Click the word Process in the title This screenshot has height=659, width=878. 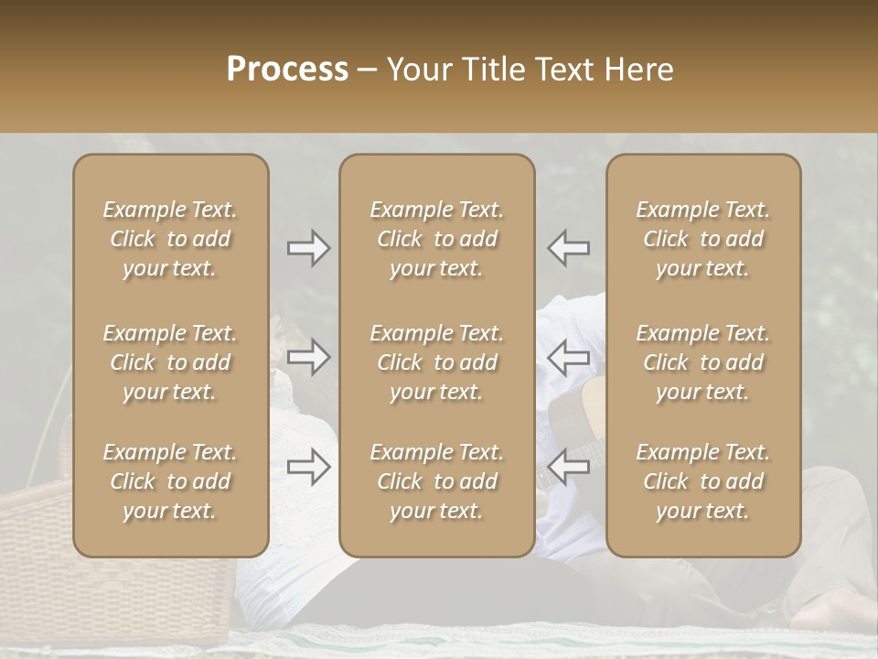tap(287, 70)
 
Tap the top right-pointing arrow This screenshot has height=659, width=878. tap(308, 248)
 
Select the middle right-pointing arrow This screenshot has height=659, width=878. tap(308, 357)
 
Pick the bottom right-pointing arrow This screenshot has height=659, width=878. tap(308, 467)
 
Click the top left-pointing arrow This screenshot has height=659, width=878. tap(569, 248)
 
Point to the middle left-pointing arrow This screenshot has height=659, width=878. tap(569, 357)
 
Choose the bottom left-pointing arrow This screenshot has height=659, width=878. tap(569, 467)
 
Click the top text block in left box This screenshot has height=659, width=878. tap(170, 239)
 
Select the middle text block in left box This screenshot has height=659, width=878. tap(170, 362)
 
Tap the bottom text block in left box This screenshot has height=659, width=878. tap(170, 481)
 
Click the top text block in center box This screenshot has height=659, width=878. tap(437, 239)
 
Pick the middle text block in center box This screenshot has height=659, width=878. tap(437, 362)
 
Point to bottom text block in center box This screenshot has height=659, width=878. tap(437, 481)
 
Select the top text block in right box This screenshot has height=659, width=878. tap(703, 239)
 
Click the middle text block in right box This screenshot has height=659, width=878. tap(703, 362)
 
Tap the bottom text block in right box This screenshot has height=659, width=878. tap(703, 481)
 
